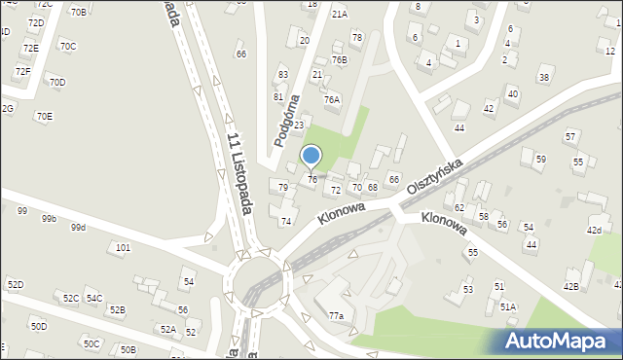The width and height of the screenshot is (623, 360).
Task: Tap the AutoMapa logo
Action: pyautogui.click(x=560, y=341)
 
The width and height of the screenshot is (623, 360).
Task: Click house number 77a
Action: pyautogui.click(x=336, y=315)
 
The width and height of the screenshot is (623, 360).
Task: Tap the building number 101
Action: pyautogui.click(x=123, y=248)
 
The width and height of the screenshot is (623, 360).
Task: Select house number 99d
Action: pyautogui.click(x=79, y=228)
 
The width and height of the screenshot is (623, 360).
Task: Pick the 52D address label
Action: pyautogui.click(x=15, y=284)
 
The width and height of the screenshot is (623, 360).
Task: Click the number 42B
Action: pyautogui.click(x=570, y=286)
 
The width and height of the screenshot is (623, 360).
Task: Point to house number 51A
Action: pyautogui.click(x=508, y=306)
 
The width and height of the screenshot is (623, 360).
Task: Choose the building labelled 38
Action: pyautogui.click(x=544, y=78)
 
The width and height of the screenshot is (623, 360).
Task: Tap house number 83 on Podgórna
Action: pyautogui.click(x=283, y=75)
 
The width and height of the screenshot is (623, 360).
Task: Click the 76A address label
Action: pyautogui.click(x=332, y=99)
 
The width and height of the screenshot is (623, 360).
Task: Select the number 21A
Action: pyautogui.click(x=339, y=15)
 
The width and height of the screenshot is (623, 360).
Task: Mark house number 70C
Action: pyautogui.click(x=67, y=46)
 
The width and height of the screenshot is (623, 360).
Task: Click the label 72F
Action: pyautogui.click(x=22, y=72)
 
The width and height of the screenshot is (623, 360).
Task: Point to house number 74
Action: pyautogui.click(x=286, y=222)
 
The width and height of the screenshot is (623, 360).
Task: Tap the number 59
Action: pyautogui.click(x=541, y=159)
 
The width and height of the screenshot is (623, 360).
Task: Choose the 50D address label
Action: pyautogui.click(x=38, y=326)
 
